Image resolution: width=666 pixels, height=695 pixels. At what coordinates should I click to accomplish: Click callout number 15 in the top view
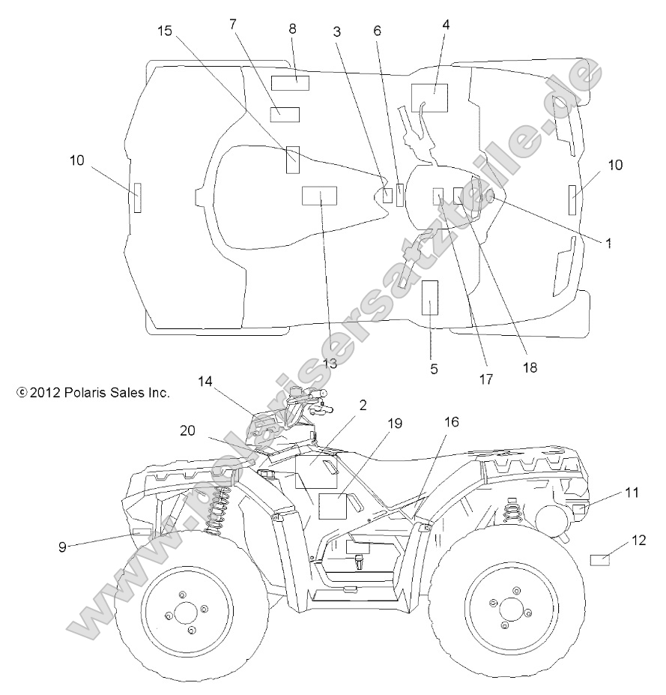165,31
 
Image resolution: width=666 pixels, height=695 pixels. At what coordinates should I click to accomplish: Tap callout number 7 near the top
233,24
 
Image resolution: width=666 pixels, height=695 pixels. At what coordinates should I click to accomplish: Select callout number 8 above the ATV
292,29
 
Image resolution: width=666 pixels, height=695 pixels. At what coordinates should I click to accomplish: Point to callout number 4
446,24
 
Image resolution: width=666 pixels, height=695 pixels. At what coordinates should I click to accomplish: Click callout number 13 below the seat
330,364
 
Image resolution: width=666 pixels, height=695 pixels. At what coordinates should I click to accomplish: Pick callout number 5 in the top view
433,369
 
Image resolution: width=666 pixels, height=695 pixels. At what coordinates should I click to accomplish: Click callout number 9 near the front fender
62,546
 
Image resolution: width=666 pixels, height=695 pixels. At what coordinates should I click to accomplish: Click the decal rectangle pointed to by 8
290,82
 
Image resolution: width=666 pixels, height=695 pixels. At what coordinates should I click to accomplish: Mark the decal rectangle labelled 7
285,114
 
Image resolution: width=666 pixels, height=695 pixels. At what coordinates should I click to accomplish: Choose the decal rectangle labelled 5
430,298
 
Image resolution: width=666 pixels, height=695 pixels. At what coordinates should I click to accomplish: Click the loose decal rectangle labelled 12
600,559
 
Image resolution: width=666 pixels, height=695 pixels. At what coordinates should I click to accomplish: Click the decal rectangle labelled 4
429,98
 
